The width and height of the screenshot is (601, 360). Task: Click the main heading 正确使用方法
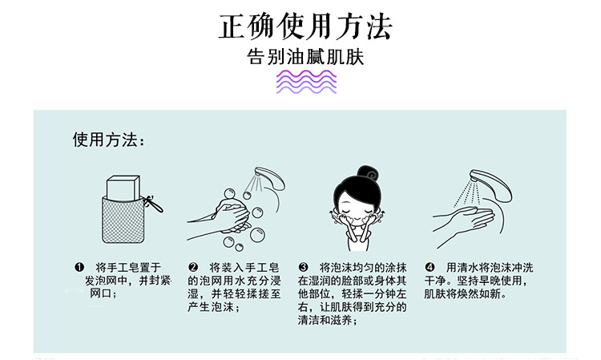tap(305, 26)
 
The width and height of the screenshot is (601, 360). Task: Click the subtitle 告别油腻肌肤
tap(305, 57)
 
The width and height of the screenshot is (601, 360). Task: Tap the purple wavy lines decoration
tap(306, 82)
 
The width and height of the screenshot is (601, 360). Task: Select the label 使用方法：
tap(109, 140)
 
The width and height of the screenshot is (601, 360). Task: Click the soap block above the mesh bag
tap(123, 188)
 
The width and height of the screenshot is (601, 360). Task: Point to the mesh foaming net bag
tap(123, 220)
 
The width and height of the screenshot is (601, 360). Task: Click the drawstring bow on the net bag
tap(152, 204)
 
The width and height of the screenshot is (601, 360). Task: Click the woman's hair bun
tap(368, 175)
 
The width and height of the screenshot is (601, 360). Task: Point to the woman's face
tap(357, 210)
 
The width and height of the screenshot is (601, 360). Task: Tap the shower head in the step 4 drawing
tap(491, 184)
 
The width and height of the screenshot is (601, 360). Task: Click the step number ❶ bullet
tap(79, 267)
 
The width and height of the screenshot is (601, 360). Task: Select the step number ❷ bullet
tap(193, 267)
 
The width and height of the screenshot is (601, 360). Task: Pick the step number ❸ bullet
tap(303, 267)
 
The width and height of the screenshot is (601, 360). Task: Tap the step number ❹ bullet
tap(430, 267)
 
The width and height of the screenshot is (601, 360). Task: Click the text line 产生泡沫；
tap(213, 307)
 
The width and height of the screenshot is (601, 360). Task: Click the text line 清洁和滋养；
tap(328, 320)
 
